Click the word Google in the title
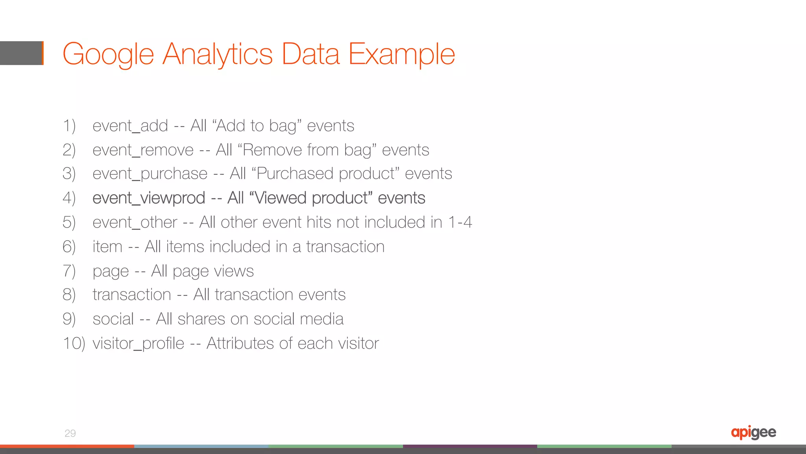[108, 54]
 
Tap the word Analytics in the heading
[218, 54]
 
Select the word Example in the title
[401, 54]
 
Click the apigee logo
[753, 432]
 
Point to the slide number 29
[70, 433]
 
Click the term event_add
[130, 126]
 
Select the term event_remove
[143, 150]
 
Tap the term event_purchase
[150, 174]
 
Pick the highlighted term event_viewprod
[149, 198]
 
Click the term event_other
[135, 222]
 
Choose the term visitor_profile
[138, 343]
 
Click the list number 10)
[74, 343]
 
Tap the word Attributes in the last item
[240, 343]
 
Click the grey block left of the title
[21, 53]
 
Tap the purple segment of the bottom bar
[470, 447]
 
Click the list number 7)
[69, 271]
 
